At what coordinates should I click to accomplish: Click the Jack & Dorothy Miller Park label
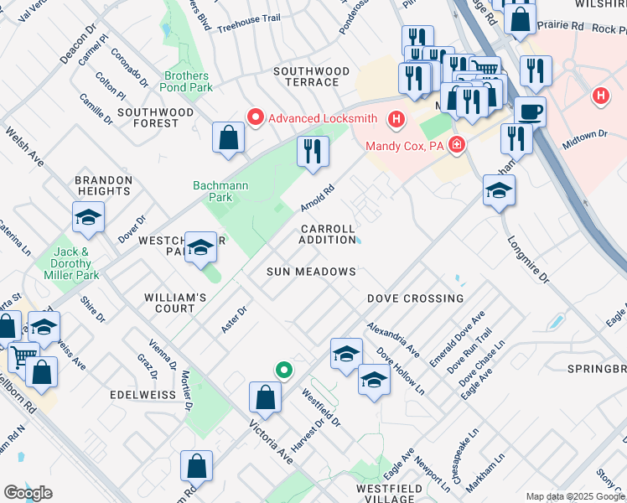[71, 263]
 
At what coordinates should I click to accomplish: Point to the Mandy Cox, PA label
[404, 146]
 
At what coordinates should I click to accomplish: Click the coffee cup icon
[530, 111]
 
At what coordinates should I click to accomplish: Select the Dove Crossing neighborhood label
[415, 298]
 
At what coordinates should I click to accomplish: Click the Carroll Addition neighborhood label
[328, 234]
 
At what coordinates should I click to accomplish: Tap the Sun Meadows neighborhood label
[312, 272]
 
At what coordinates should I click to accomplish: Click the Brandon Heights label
[104, 185]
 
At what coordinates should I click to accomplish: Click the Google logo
[28, 493]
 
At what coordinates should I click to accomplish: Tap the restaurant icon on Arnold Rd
[313, 152]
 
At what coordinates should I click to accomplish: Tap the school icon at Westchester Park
[200, 247]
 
